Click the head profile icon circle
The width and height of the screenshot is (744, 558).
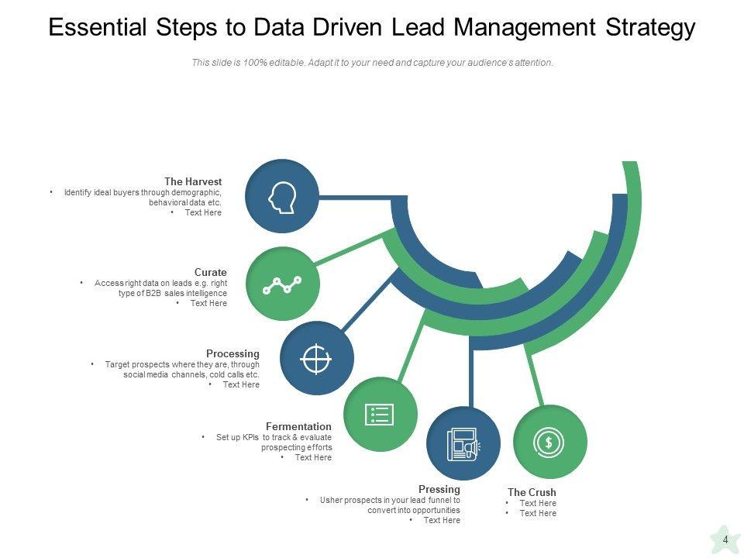281,197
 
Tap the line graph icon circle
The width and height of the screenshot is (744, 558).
282,284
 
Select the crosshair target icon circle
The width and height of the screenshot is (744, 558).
316,359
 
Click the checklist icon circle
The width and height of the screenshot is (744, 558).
380,415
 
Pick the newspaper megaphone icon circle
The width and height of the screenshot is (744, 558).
463,443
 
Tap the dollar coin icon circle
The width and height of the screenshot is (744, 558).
549,442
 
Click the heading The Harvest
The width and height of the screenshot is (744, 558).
193,181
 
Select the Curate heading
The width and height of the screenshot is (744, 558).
211,272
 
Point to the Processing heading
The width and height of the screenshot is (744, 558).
232,353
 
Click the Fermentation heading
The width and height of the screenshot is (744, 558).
298,426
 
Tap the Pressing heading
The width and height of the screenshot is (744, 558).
439,489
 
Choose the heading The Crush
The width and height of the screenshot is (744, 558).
532,492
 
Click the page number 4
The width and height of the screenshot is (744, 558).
725,540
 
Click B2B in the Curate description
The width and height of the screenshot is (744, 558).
170,293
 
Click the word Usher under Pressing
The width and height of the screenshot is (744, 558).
331,500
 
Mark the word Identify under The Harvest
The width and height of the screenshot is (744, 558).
77,192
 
